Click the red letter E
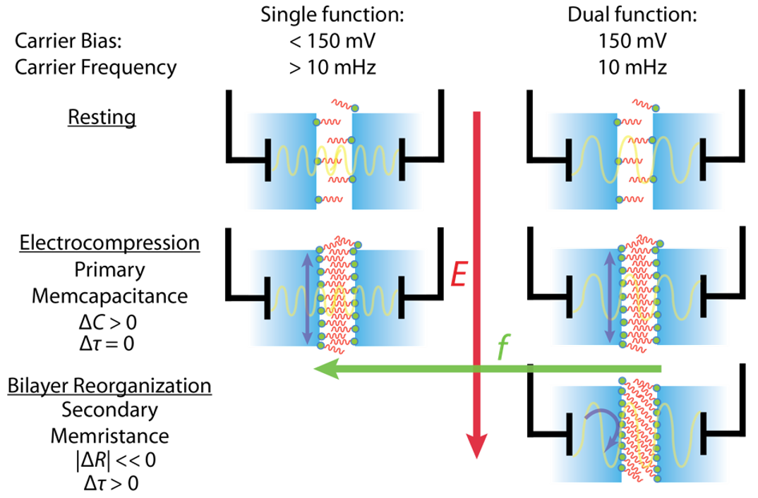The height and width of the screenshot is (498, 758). point(459,274)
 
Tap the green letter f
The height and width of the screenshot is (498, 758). point(503,346)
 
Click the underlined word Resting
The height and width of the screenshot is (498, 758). point(102,117)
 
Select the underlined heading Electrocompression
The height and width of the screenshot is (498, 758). point(109,243)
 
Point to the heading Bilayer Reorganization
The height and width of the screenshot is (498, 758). point(109,385)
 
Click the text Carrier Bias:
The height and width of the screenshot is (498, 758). point(68,41)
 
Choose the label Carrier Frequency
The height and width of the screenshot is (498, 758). point(96,68)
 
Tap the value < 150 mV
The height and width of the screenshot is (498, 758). point(332,41)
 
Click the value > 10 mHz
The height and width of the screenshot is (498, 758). point(332,67)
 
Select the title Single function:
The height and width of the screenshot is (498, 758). point(332,15)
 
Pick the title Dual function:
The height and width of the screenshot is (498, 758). point(632,15)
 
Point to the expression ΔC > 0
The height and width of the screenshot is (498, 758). point(108,322)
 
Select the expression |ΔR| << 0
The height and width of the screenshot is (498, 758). point(116,460)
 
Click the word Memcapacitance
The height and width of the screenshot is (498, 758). point(109,296)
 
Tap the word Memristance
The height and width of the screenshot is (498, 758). point(109,436)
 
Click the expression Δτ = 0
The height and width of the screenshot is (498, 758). point(107,344)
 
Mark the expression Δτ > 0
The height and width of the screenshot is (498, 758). point(112,483)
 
